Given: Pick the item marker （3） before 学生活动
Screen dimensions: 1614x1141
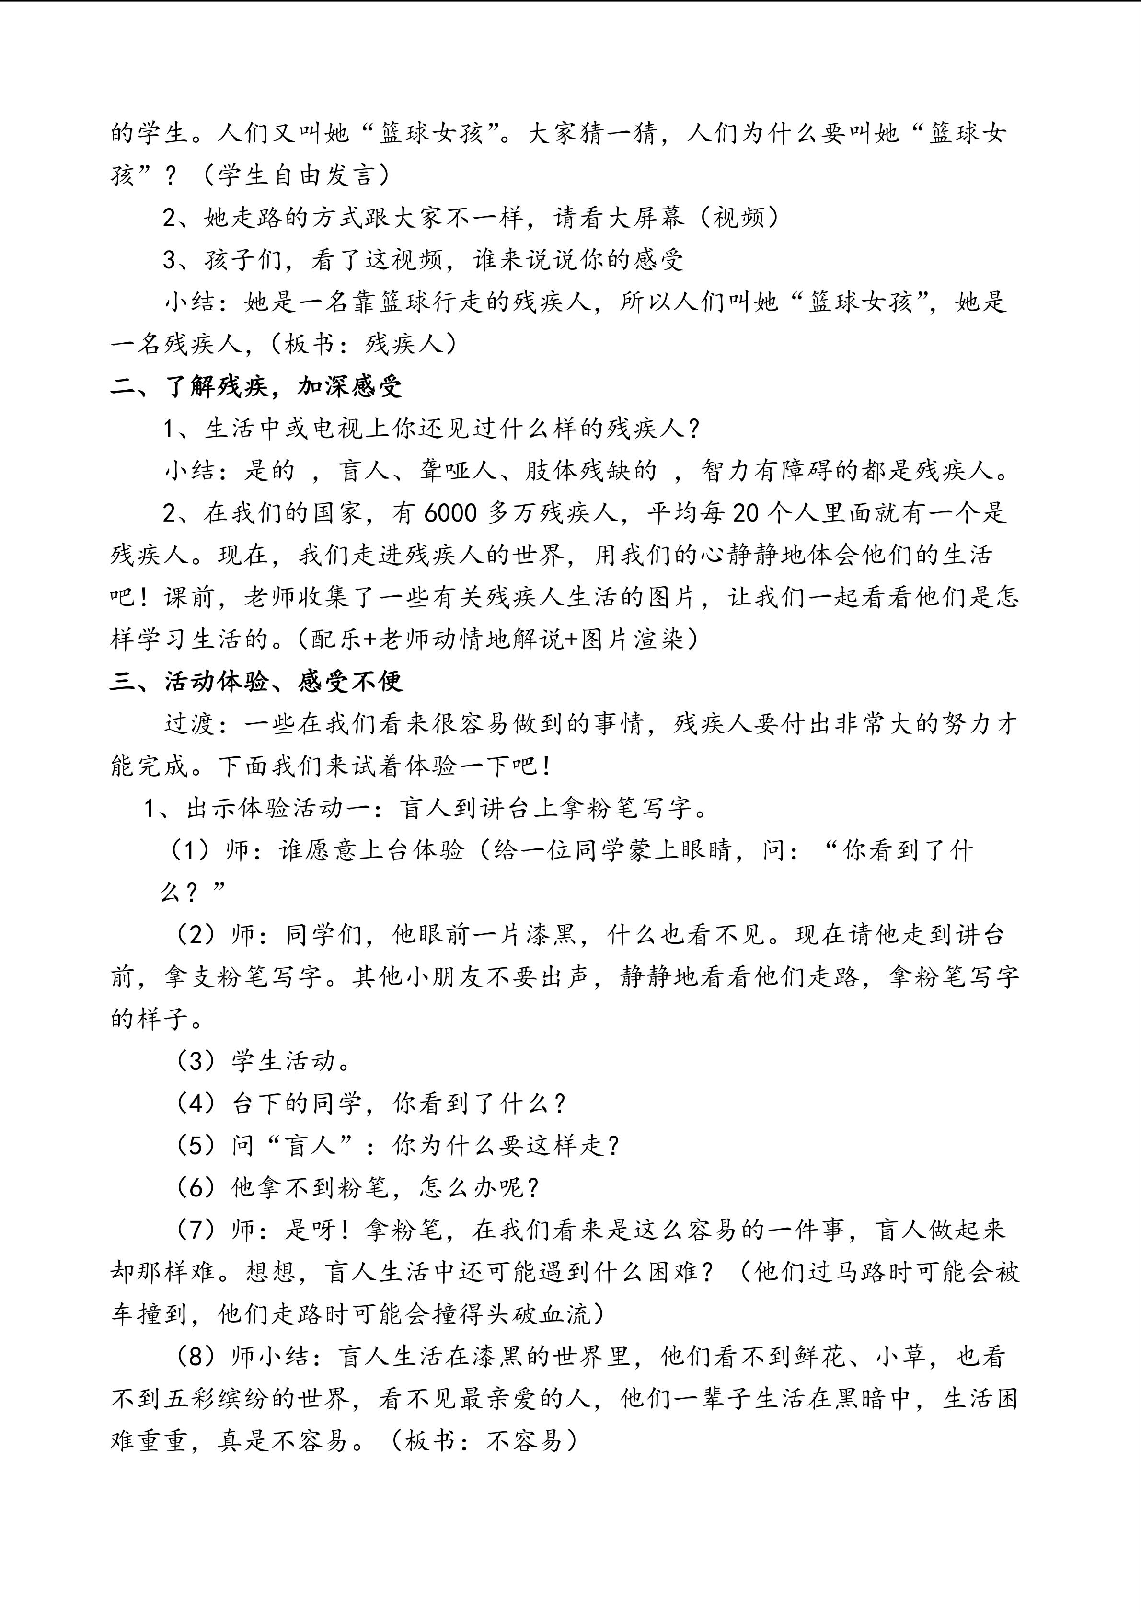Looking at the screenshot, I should coord(199,1061).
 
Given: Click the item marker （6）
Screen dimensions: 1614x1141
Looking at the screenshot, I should coord(199,1187).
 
